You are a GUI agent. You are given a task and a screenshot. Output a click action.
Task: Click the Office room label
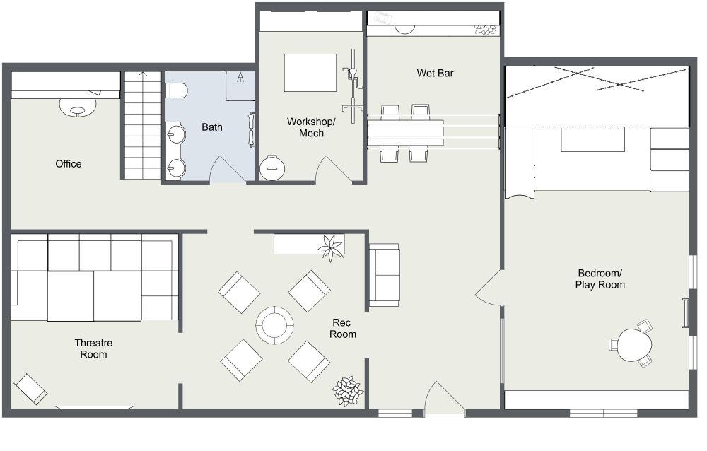tap(69, 164)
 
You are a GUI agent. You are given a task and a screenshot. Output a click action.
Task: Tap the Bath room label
tap(212, 127)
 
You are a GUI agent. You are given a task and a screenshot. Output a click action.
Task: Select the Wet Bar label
tap(435, 73)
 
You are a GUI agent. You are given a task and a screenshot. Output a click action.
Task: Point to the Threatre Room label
tap(93, 348)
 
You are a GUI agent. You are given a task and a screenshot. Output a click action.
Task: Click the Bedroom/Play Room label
tap(601, 279)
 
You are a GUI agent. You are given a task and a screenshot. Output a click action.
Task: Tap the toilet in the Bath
tap(176, 90)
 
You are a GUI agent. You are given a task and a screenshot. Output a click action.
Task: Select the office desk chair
tap(78, 107)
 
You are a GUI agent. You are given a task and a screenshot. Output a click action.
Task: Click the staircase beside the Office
tap(143, 125)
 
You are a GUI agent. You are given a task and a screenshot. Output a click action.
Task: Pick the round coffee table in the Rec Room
tap(274, 325)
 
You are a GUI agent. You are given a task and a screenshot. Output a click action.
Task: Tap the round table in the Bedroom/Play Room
tap(633, 345)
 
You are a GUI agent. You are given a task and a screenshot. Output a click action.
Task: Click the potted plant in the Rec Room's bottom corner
tap(348, 390)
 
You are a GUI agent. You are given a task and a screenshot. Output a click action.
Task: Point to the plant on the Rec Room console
tap(330, 247)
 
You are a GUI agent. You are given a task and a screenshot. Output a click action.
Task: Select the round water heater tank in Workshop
tap(273, 168)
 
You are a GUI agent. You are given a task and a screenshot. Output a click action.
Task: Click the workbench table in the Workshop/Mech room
tap(310, 73)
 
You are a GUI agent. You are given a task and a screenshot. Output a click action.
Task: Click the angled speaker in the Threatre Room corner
tap(31, 388)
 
